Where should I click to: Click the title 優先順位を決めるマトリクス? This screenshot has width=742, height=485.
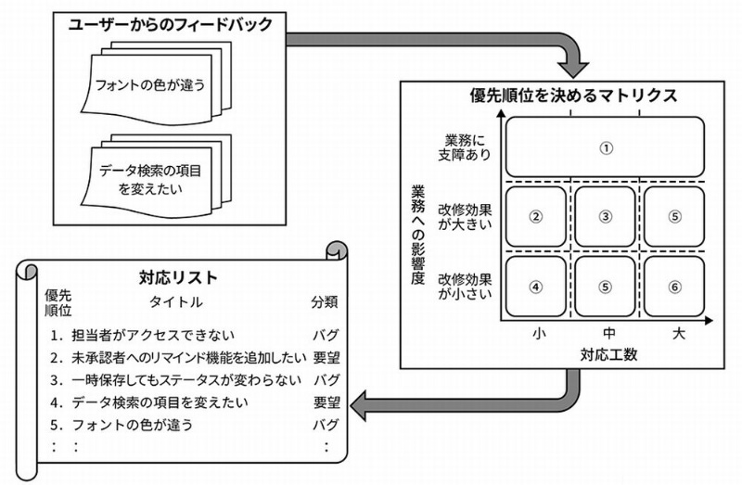click(x=571, y=96)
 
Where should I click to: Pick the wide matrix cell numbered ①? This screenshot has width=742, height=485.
click(x=605, y=147)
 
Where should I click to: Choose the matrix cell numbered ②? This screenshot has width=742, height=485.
click(x=535, y=216)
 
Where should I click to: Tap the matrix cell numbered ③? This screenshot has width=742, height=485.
click(x=605, y=216)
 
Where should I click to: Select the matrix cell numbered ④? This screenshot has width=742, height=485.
click(x=535, y=287)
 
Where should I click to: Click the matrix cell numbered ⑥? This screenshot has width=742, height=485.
click(x=674, y=287)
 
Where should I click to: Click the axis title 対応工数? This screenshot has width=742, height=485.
click(x=606, y=353)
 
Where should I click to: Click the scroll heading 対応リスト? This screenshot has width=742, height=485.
click(x=178, y=276)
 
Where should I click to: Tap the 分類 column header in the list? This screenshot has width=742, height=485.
click(x=325, y=301)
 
